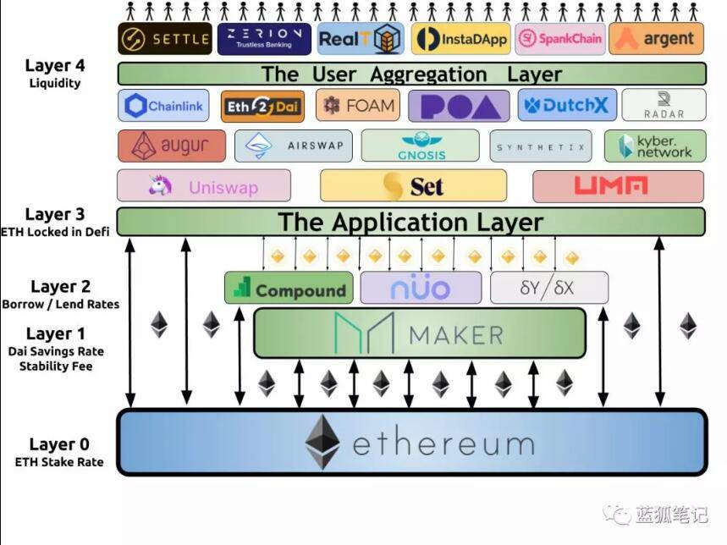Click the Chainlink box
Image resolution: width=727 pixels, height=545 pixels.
click(x=163, y=106)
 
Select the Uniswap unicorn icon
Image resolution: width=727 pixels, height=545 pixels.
click(x=161, y=185)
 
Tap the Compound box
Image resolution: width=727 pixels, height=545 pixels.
click(x=289, y=288)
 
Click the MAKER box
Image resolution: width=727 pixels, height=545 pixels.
click(x=420, y=333)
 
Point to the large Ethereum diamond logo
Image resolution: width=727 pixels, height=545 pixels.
click(x=322, y=442)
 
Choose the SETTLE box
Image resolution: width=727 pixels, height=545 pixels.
click(x=165, y=38)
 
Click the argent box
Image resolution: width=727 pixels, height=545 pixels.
click(x=656, y=39)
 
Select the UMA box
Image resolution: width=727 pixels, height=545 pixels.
click(x=619, y=186)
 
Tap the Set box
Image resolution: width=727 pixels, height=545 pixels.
click(x=414, y=185)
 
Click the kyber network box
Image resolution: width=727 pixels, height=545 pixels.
click(x=655, y=146)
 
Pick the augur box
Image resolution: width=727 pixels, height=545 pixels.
click(x=172, y=146)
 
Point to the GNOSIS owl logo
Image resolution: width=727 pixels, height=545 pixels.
click(x=421, y=139)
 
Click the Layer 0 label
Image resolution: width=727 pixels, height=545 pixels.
click(x=59, y=444)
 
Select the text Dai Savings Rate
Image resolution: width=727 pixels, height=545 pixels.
click(x=56, y=351)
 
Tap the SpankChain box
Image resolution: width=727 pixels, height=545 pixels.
click(x=560, y=39)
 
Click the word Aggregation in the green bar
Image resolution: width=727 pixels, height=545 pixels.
click(x=428, y=74)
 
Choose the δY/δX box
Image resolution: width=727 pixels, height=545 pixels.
click(x=549, y=288)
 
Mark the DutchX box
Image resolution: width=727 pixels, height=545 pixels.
click(x=567, y=105)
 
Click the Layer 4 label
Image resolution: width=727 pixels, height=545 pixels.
click(x=55, y=65)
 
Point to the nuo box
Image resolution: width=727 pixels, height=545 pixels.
click(x=421, y=288)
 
